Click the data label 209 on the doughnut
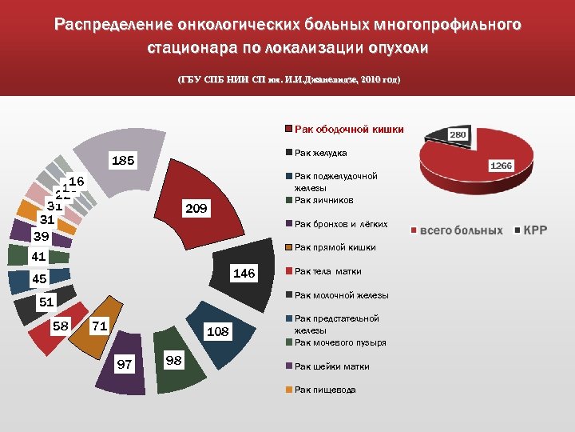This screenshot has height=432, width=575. [196, 210]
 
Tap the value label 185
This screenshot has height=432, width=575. [123, 161]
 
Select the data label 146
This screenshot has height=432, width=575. [244, 274]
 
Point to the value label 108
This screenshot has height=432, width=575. [218, 331]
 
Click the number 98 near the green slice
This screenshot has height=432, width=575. [173, 361]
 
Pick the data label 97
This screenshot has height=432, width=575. [124, 365]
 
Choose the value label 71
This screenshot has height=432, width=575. [99, 326]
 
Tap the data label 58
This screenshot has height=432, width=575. [60, 326]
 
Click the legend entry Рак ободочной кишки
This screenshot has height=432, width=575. [349, 129]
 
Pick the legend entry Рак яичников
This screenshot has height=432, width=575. [323, 200]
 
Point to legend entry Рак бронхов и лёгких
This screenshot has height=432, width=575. [341, 224]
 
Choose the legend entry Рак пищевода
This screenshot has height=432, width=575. [325, 390]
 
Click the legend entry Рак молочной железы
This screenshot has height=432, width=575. [341, 295]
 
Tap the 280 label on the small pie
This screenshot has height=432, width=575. [458, 135]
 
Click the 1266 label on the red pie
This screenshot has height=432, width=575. [501, 166]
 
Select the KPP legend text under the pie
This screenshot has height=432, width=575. [535, 230]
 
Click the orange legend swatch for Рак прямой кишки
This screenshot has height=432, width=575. [289, 248]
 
